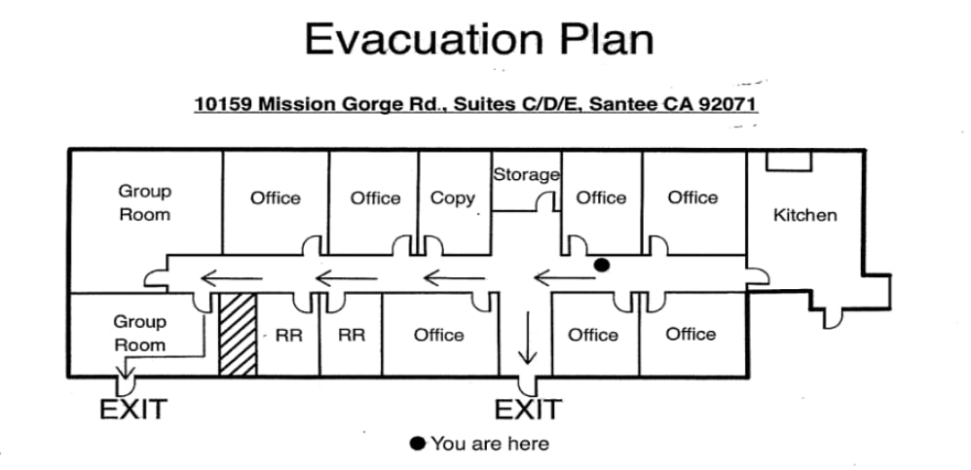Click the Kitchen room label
(805, 215)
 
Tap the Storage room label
(526, 175)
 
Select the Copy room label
(453, 199)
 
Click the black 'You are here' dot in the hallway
(601, 265)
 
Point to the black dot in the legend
(418, 444)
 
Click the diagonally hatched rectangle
(238, 334)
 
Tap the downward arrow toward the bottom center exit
(528, 338)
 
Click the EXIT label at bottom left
(133, 409)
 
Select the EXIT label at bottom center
(528, 409)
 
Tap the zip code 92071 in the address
(728, 104)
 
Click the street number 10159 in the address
(223, 104)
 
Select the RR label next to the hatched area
(289, 335)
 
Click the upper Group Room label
(145, 202)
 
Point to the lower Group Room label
(140, 334)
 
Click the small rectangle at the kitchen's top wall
(789, 161)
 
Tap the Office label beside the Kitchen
(693, 198)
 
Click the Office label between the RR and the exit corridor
(438, 335)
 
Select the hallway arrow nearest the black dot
(564, 278)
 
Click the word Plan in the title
(607, 39)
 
